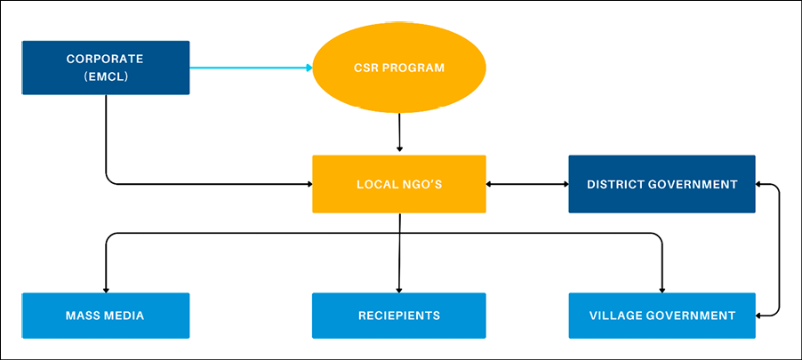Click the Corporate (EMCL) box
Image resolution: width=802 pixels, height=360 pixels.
pos(105,68)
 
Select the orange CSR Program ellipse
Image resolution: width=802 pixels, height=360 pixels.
pos(399,68)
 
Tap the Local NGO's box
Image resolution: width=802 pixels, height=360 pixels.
pos(399,184)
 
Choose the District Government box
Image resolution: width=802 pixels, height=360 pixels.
pos(662,184)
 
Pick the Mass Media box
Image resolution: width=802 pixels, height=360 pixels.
pos(105,316)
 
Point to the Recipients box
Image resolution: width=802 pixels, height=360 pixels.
pos(399,316)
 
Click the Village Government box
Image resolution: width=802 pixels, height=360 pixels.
pos(662,316)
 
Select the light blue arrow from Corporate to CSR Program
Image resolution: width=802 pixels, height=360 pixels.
pos(249,68)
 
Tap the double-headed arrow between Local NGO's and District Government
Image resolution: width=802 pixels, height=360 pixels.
pos(527,184)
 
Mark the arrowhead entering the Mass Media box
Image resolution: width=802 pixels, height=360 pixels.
pos(106,288)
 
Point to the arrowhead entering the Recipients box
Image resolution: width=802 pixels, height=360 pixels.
pos(398,288)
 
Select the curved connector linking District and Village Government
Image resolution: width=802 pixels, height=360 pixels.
pos(780,249)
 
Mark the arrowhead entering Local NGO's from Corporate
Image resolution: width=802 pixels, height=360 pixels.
pos(307,184)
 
